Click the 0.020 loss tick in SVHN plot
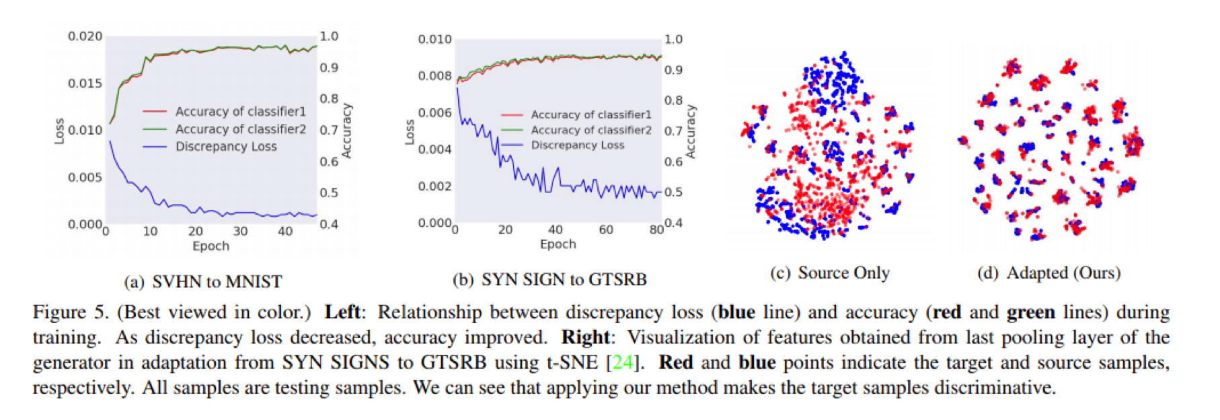[x=85, y=36]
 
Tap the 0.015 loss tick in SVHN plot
[x=85, y=83]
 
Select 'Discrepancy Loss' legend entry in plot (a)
[x=226, y=147]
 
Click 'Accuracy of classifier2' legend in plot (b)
[x=590, y=130]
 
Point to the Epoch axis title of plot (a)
[x=211, y=246]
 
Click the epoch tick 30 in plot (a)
[x=240, y=232]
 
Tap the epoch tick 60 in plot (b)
[x=606, y=230]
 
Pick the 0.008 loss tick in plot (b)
[x=434, y=76]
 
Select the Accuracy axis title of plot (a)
[x=347, y=131]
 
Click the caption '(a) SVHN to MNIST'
[x=203, y=281]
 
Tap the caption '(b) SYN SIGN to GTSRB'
[x=549, y=279]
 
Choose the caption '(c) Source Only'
[x=830, y=273]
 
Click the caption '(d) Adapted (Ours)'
[x=1049, y=273]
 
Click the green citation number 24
[x=622, y=363]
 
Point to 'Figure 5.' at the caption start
[x=70, y=312]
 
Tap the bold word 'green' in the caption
[x=1030, y=313]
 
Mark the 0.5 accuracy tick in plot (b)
[x=673, y=193]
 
